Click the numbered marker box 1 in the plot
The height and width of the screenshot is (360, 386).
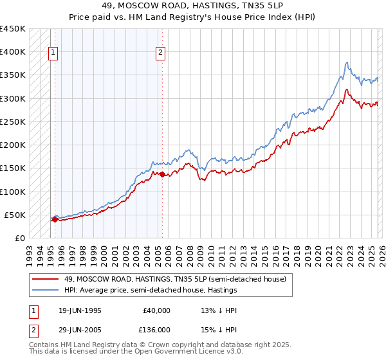click(52, 53)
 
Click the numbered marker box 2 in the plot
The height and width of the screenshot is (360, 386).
click(160, 53)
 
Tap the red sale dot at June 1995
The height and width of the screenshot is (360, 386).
click(55, 219)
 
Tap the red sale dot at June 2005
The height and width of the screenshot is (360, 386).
click(162, 174)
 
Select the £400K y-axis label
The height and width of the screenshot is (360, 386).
click(13, 52)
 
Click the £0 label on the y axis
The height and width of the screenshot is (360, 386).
click(20, 239)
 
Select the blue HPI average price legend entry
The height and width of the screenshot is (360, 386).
click(151, 290)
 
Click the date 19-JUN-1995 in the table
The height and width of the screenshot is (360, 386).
click(80, 310)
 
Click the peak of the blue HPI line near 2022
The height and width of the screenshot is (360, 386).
click(347, 62)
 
